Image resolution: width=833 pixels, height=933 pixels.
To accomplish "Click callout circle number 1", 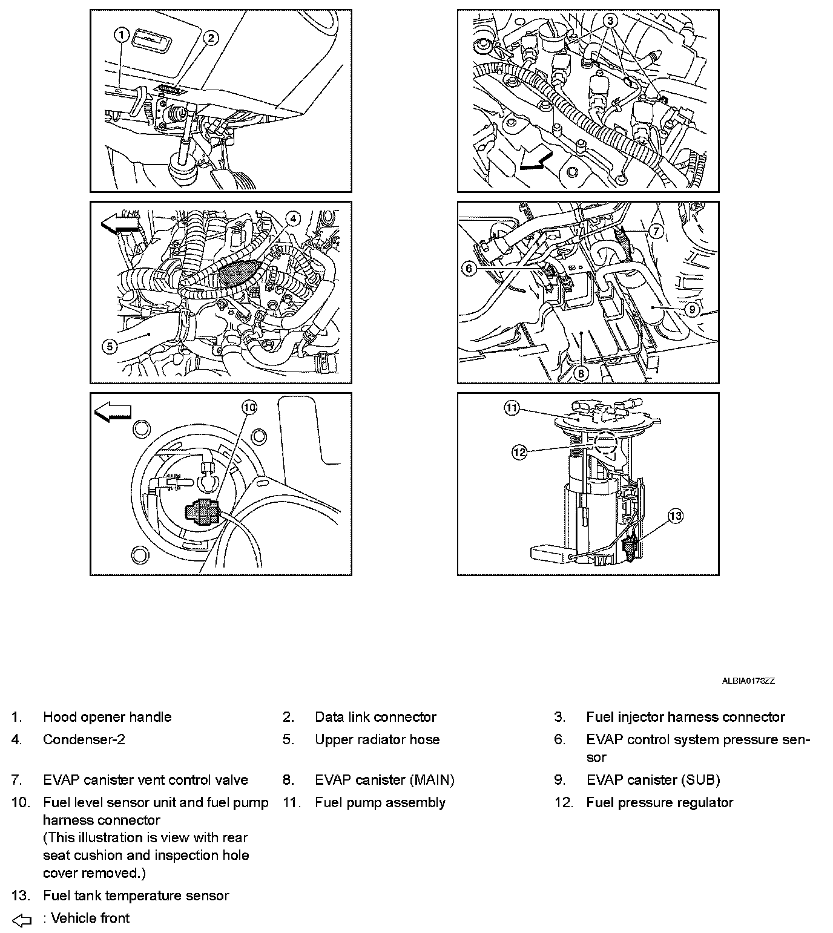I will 121,35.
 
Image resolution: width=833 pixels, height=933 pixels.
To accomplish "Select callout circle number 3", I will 611,21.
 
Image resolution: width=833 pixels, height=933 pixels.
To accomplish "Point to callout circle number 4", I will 292,218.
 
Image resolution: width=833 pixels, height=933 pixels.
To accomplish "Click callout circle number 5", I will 109,347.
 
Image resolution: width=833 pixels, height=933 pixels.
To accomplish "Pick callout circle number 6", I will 470,267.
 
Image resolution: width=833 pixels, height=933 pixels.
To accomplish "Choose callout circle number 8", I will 580,373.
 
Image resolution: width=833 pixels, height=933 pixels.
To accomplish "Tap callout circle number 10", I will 250,407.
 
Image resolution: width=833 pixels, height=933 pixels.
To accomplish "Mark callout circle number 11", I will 512,408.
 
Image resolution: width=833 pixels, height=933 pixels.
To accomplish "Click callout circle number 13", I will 675,516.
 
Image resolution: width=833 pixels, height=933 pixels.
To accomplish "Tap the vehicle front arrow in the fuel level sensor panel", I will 113,412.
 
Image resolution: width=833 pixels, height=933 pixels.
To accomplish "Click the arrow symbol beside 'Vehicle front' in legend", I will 22,920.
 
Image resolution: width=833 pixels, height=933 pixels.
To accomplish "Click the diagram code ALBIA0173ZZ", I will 748,681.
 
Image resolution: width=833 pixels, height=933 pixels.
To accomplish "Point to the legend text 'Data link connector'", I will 375,717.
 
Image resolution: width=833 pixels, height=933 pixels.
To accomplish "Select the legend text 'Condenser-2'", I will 84,739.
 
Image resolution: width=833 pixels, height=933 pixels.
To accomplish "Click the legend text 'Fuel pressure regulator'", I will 659,802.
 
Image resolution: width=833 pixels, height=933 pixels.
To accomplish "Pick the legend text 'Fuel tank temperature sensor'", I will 136,895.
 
